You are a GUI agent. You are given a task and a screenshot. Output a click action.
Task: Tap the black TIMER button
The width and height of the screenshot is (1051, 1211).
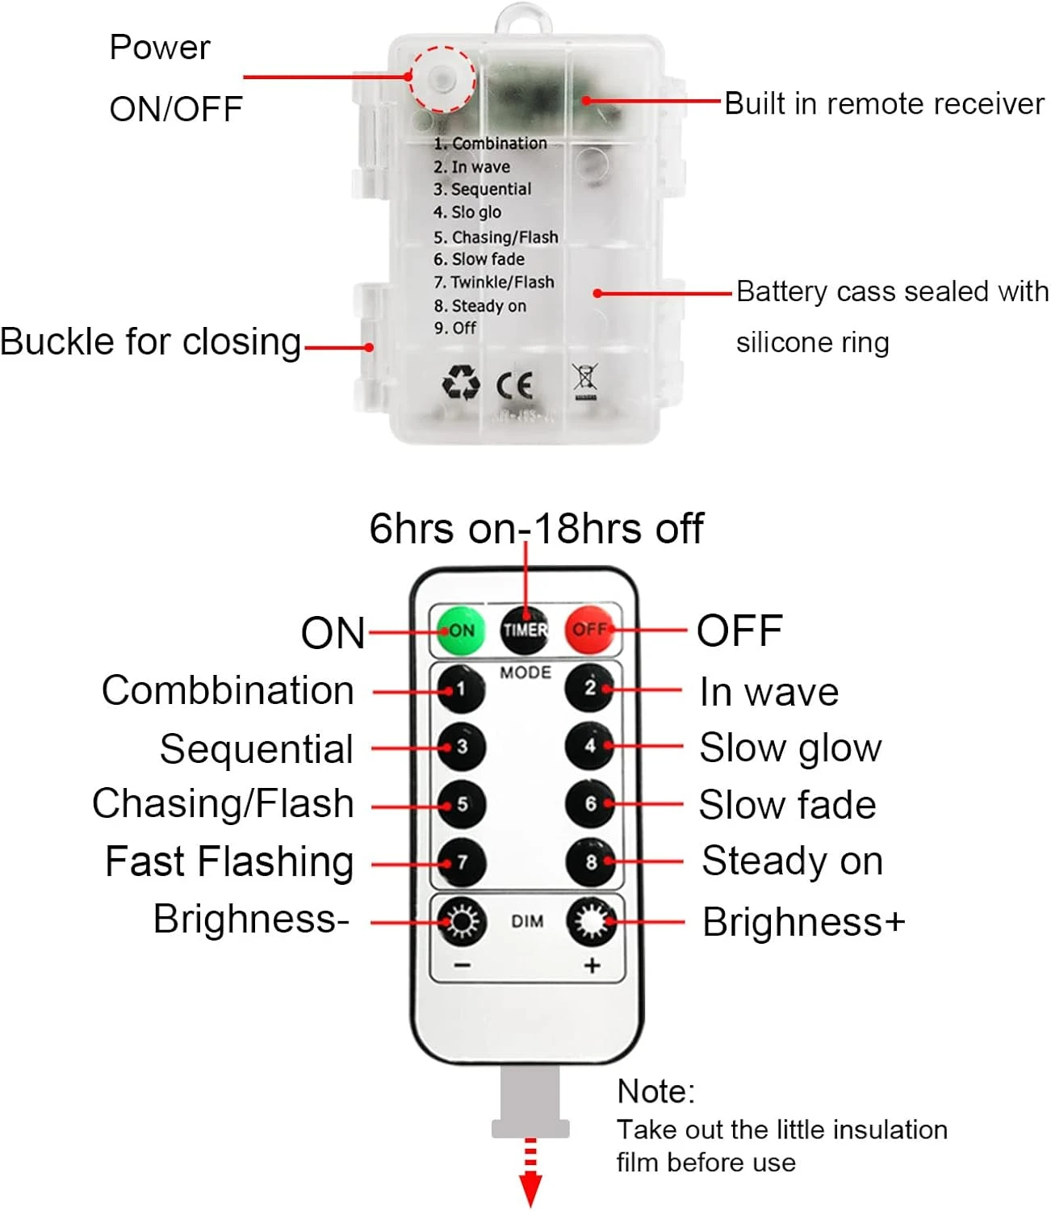(x=525, y=629)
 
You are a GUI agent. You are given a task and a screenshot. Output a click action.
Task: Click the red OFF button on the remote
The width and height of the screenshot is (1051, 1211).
(x=589, y=629)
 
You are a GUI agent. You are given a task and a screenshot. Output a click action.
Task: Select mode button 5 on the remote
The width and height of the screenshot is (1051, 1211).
(x=462, y=804)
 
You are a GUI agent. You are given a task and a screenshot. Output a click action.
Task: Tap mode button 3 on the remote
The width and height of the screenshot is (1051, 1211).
(x=462, y=746)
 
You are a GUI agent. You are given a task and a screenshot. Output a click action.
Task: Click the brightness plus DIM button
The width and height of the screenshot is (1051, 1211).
(x=592, y=921)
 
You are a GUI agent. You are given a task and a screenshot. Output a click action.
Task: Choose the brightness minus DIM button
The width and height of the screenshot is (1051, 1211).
(x=462, y=921)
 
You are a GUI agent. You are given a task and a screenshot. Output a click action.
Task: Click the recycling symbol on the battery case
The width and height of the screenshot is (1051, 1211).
(x=461, y=383)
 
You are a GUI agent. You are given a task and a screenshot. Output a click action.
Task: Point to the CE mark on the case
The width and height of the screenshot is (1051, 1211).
(x=514, y=385)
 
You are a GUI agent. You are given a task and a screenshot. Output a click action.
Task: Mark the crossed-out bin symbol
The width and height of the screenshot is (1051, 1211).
(x=585, y=381)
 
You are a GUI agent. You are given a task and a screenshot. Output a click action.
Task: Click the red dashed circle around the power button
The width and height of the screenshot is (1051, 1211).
(x=441, y=78)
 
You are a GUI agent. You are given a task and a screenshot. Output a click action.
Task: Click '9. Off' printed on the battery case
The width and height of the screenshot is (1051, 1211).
(x=455, y=328)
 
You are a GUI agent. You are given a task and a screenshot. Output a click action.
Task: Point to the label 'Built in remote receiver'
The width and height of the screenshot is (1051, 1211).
(x=884, y=103)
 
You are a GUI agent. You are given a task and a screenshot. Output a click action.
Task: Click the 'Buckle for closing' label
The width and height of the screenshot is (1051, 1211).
(x=150, y=342)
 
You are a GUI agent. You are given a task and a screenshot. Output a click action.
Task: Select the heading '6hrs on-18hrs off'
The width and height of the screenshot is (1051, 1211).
(x=536, y=529)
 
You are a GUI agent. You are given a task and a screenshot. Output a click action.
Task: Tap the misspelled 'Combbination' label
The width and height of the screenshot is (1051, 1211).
(x=228, y=691)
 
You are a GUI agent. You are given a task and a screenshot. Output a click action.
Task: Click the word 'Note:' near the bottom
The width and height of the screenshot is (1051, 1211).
(x=655, y=1092)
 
